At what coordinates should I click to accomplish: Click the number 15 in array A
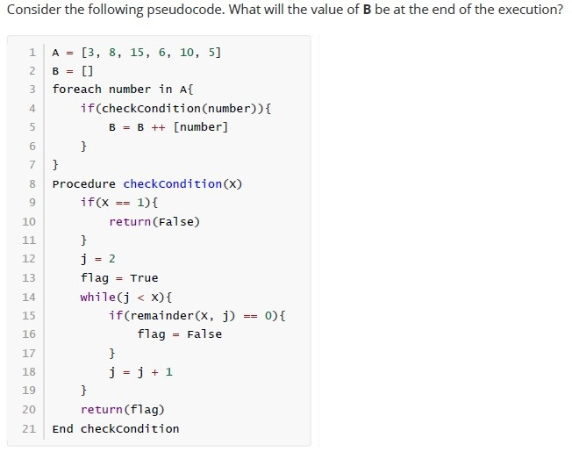(137, 53)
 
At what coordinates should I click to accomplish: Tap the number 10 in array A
(186, 53)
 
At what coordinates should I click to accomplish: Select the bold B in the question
(367, 10)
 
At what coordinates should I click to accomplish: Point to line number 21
(29, 428)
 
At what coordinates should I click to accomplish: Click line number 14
(29, 297)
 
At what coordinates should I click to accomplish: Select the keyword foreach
(76, 89)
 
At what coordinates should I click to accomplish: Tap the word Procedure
(84, 183)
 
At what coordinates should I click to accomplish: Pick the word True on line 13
(144, 278)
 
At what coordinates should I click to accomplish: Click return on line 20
(102, 410)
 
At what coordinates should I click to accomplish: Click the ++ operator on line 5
(158, 127)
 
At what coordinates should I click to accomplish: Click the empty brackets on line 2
(88, 71)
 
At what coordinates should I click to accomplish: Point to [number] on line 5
(201, 127)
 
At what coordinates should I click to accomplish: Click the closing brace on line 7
(55, 164)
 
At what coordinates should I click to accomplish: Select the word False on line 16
(204, 334)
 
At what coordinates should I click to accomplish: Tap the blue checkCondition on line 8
(173, 183)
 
